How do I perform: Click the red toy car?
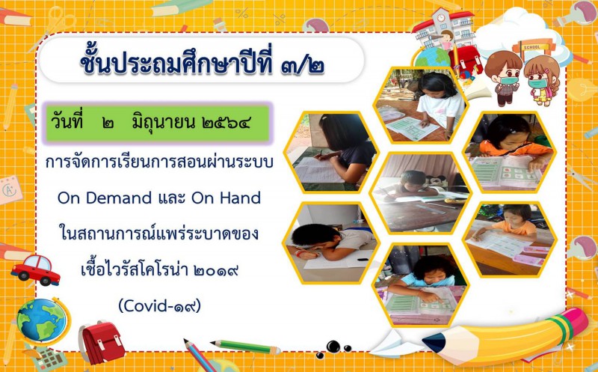[x=35, y=270]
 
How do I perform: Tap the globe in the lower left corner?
[x=42, y=320]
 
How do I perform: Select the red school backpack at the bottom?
[x=102, y=343]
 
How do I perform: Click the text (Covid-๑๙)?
[x=160, y=305]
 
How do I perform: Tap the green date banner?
[x=158, y=123]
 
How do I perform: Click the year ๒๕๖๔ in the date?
[x=226, y=123]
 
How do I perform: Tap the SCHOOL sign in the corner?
[x=532, y=48]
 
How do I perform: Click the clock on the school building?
[x=441, y=17]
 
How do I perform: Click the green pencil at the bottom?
[x=245, y=347]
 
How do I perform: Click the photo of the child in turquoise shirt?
[x=421, y=285]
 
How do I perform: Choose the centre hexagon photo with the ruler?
[x=421, y=193]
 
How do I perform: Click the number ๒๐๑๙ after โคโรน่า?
[x=216, y=270]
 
